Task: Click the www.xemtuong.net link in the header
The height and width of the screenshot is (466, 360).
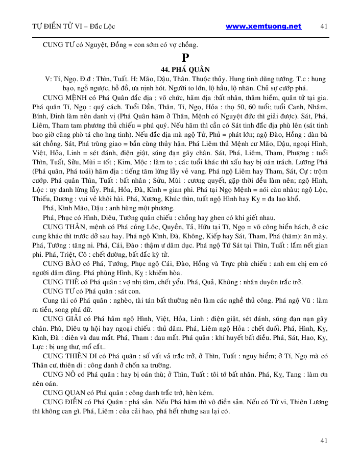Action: coord(263,26)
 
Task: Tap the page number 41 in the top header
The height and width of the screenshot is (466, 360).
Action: coord(325,26)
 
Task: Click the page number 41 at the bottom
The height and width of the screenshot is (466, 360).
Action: coord(324,440)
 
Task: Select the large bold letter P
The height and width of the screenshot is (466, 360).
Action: coord(179,57)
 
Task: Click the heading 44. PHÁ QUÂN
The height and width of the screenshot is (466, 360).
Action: coord(179,70)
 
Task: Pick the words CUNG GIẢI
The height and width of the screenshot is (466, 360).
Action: coord(64,320)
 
